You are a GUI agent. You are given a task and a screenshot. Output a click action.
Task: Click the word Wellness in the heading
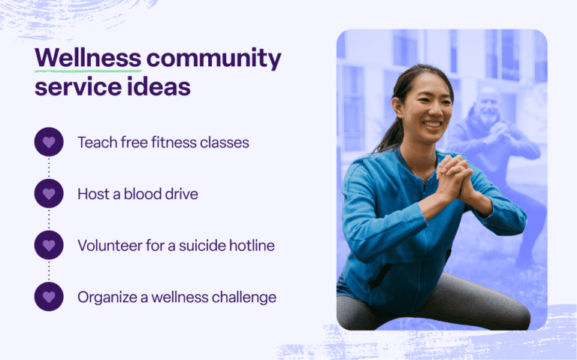[88, 57]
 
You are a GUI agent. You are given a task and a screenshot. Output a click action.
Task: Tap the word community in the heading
[214, 58]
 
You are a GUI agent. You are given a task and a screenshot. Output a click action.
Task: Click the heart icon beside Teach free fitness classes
[49, 141]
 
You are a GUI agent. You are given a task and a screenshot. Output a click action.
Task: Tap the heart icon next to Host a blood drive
[49, 193]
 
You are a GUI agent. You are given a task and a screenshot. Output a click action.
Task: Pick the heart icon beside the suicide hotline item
[49, 245]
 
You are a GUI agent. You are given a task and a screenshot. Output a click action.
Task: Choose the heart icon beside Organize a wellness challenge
[49, 297]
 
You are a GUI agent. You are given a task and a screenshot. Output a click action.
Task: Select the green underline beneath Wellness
[88, 70]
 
